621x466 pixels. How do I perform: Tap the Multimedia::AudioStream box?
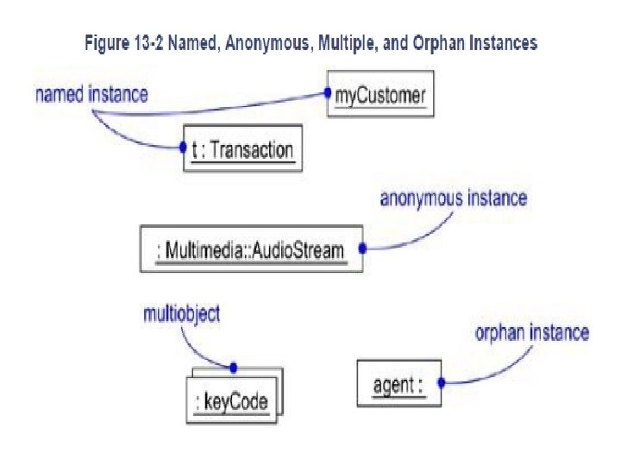click(250, 249)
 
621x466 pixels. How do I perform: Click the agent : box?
click(398, 383)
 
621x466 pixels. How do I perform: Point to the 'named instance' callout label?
click(91, 94)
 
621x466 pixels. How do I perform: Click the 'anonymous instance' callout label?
click(454, 198)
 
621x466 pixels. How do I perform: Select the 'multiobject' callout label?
click(181, 314)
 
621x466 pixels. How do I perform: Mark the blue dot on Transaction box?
click(183, 148)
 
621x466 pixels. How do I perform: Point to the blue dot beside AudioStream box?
click(362, 249)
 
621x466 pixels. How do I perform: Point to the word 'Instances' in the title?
click(501, 41)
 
